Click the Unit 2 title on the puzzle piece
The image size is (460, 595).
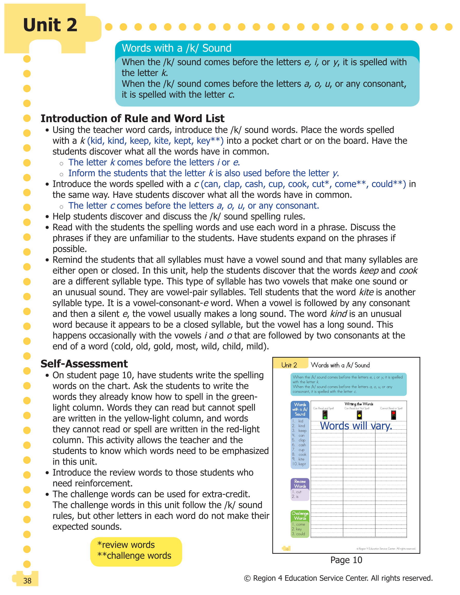coord(50,25)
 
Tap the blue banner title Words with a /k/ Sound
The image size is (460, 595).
coord(176,48)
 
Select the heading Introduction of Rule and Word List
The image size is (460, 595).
coord(132,119)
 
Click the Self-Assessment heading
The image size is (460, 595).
coord(84,364)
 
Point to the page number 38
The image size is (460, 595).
coord(27,581)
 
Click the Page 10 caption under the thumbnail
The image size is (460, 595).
coord(346,560)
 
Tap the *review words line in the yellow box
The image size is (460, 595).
coord(126,544)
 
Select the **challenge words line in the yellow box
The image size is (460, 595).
coord(134,556)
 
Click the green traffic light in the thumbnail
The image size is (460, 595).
coord(325,415)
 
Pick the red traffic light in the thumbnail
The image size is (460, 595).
coord(393,415)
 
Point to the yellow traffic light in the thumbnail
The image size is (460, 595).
coord(359,415)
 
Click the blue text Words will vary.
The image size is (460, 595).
coord(356,425)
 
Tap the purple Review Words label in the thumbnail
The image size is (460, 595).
coord(300,484)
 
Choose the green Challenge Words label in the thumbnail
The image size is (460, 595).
coord(300,516)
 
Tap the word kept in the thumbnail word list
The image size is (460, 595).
coord(302,464)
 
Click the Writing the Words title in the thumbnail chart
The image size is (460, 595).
coord(359,404)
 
